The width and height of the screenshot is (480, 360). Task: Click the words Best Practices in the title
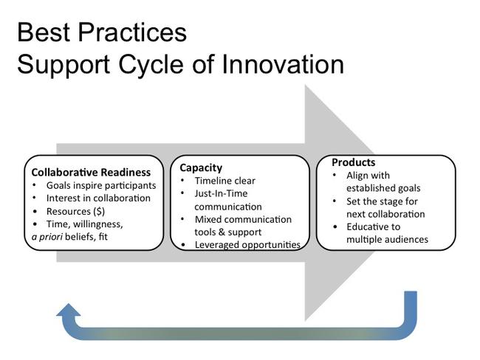(x=101, y=32)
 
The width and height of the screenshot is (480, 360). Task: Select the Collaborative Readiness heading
(x=91, y=172)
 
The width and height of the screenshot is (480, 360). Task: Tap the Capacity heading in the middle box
(x=201, y=167)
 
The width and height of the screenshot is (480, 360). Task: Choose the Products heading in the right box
(x=353, y=162)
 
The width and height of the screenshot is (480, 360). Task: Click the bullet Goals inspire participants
(x=101, y=185)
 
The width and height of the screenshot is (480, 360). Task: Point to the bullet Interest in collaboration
(x=98, y=198)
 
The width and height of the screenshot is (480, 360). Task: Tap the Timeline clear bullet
(x=224, y=181)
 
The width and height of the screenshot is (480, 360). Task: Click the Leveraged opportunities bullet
(x=247, y=244)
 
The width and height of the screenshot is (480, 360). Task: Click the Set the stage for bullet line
(x=382, y=201)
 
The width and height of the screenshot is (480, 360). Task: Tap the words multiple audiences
(x=387, y=240)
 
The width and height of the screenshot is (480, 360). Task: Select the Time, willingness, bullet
(x=84, y=224)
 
